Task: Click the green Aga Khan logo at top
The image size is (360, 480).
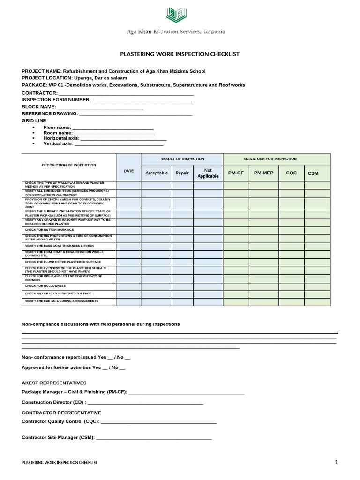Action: (176, 15)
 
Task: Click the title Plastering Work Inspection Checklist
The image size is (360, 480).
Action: (180, 54)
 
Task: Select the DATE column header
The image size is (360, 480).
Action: (128, 171)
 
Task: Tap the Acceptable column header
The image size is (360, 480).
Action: (157, 173)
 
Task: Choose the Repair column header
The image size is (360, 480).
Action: (182, 173)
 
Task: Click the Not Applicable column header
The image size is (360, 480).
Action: (208, 173)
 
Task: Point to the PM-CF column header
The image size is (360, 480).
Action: (236, 173)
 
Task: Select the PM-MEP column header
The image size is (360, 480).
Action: (263, 173)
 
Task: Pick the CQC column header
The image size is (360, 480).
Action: (291, 173)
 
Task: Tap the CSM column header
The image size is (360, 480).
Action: (313, 173)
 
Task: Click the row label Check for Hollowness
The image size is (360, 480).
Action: (45, 286)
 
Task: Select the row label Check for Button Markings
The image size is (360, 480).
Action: (50, 230)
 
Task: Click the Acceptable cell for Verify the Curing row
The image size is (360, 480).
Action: (157, 301)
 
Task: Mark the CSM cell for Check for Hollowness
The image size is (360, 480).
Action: (317, 286)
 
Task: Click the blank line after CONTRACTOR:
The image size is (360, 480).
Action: (126, 93)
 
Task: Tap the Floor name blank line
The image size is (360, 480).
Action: (112, 127)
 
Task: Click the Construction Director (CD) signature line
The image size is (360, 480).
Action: (145, 403)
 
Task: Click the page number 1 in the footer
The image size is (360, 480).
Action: (336, 462)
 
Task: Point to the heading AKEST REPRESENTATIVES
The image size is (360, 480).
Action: (54, 383)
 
